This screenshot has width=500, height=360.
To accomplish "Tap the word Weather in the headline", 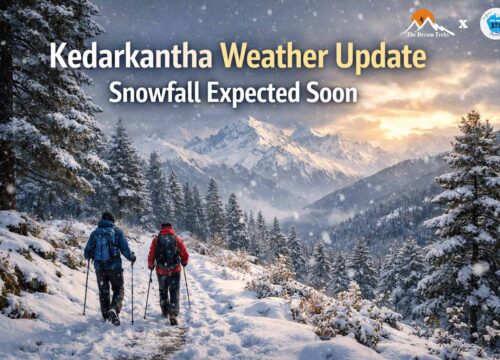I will point(272,56).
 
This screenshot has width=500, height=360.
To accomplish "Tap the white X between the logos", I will point(462,23).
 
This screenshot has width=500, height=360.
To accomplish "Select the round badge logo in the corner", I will point(491,22).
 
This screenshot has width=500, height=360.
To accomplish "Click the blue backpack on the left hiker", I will point(104,245).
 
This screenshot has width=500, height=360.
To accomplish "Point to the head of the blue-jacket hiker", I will point(108,218).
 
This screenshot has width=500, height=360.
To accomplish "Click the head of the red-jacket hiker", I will point(167,228).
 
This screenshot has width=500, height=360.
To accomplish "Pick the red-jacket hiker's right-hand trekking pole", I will point(187,287).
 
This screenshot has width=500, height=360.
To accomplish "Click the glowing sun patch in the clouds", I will point(440,110).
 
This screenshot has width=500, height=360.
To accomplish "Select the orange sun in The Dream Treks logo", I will point(426,16).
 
